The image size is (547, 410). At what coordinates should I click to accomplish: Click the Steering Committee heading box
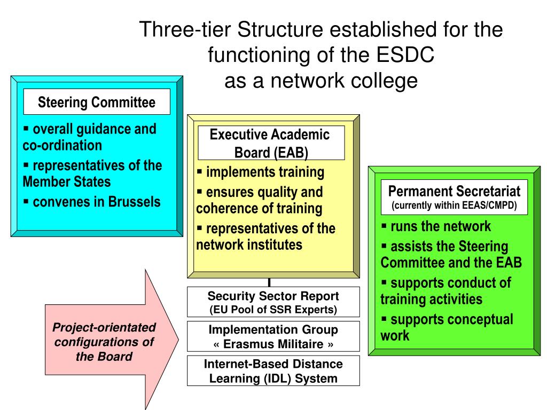pos(97,102)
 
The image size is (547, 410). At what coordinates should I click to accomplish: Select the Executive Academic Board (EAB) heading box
pos(271,143)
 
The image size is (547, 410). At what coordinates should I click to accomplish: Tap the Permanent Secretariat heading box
pos(454,197)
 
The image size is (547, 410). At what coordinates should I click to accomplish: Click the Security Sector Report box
pos(273,302)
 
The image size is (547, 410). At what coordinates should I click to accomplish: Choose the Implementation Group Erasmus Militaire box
pos(273,336)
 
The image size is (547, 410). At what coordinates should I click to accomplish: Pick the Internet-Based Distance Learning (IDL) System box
pos(273,371)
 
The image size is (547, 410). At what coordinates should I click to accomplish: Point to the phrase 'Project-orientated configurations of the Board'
pos(104,342)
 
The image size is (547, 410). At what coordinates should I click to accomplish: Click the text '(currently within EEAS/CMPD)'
pos(454,206)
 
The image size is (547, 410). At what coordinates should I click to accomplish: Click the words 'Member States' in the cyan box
pos(67,182)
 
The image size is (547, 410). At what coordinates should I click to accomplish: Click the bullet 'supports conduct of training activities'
pos(446,290)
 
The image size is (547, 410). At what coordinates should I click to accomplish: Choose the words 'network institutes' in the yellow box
pos(249,245)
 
